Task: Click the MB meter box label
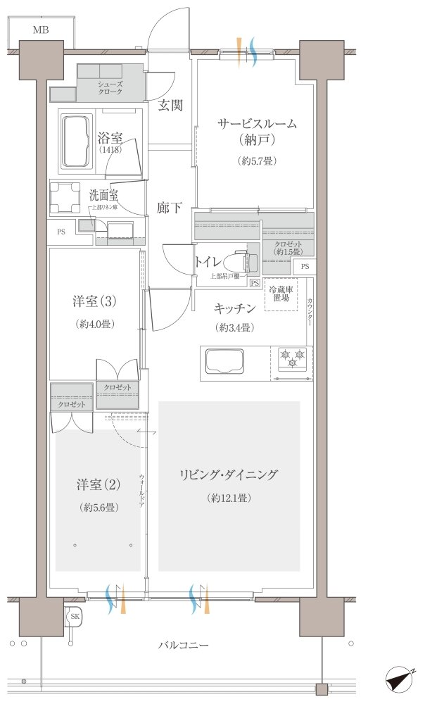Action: [x=40, y=30]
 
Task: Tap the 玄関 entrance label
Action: [x=170, y=106]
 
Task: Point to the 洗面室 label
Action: [x=103, y=194]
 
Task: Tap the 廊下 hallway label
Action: [x=170, y=208]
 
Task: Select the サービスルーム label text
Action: [x=255, y=124]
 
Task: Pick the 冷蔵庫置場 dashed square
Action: [x=280, y=295]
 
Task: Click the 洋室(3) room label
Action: [x=94, y=301]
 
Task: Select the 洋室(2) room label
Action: [x=98, y=484]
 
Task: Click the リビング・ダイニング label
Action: [x=229, y=474]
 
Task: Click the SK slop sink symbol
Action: [x=74, y=617]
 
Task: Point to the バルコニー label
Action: [x=183, y=645]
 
